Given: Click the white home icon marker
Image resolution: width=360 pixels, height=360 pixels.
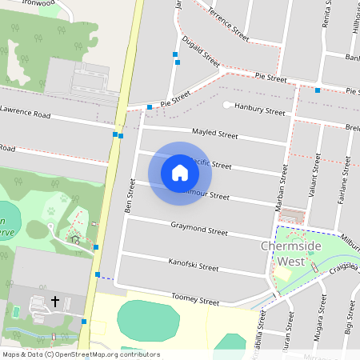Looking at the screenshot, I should tap(180, 172).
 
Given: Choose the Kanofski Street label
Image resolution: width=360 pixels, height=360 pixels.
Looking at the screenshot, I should tap(194, 264).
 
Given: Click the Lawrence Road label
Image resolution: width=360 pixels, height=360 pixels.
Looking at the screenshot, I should tap(25, 112).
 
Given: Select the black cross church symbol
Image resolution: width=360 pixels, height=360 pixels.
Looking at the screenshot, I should tap(55, 301).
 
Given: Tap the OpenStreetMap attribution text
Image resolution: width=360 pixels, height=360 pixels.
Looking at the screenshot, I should tap(80, 354).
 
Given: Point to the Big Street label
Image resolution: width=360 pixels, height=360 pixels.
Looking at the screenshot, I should tap(349, 318).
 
